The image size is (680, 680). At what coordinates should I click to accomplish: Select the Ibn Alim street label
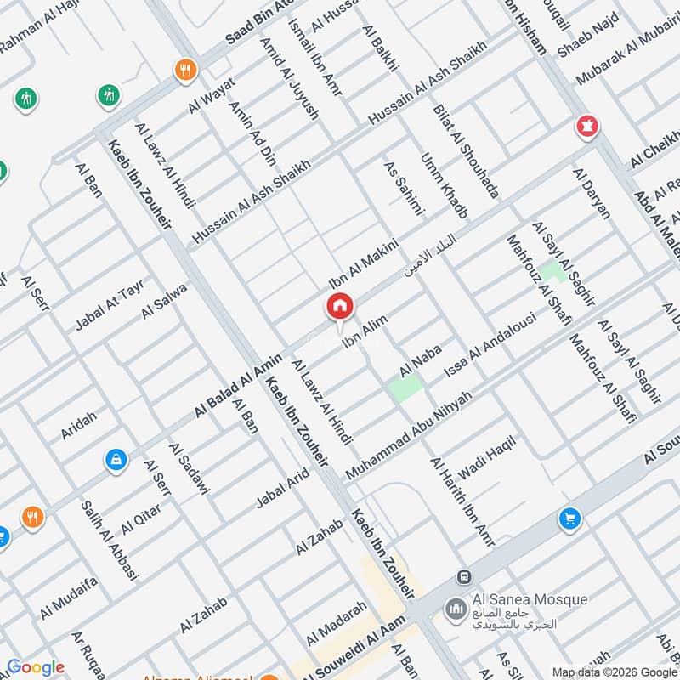click(x=365, y=331)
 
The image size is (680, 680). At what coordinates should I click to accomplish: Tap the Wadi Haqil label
click(x=475, y=460)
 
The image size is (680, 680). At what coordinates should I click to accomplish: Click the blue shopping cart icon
click(x=569, y=518)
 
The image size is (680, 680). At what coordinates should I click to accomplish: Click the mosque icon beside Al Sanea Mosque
click(x=456, y=609)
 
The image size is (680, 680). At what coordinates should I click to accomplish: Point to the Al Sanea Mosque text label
click(x=527, y=600)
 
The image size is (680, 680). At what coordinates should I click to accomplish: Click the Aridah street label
click(x=79, y=425)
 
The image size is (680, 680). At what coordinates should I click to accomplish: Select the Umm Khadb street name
click(x=445, y=186)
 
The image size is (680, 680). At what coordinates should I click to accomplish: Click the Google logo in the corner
click(x=35, y=667)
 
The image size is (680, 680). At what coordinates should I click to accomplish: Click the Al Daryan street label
click(x=592, y=194)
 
